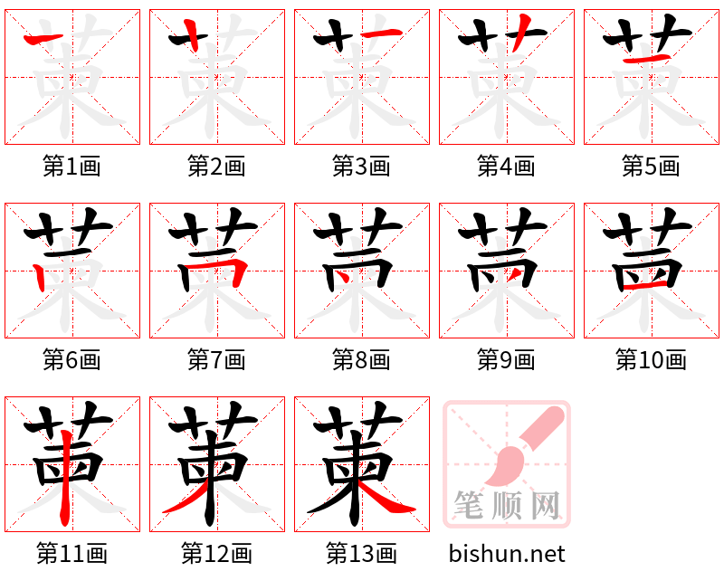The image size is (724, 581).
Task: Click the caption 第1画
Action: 71,167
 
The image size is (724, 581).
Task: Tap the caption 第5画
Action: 651,167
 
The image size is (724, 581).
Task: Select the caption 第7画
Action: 216,360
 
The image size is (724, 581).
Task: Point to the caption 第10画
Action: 651,360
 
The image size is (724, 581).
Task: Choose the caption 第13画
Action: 361,553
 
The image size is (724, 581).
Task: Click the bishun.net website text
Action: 507,553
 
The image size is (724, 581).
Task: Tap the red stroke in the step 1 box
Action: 43,38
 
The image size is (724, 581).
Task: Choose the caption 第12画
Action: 216,553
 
